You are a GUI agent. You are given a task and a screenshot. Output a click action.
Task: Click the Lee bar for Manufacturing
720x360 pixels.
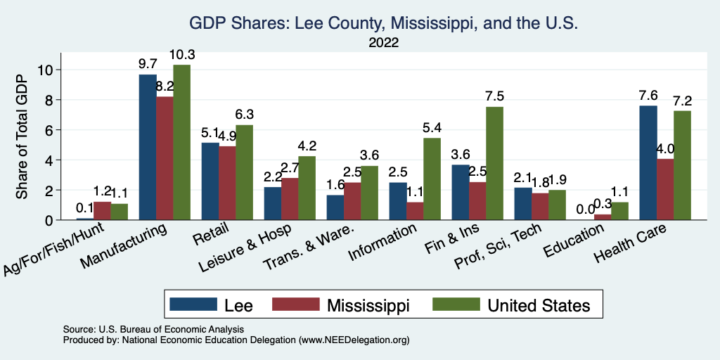[148, 147]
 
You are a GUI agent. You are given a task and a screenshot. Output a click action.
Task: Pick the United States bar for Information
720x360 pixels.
[432, 179]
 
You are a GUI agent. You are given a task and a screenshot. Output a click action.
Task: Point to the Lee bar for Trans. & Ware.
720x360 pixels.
[335, 207]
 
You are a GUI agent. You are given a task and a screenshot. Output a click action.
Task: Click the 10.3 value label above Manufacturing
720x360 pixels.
[181, 55]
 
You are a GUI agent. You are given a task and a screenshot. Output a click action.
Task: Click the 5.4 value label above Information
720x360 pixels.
[432, 128]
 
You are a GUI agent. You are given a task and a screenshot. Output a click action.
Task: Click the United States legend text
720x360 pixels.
[539, 304]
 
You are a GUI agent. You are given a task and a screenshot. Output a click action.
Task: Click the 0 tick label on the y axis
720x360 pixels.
[49, 220]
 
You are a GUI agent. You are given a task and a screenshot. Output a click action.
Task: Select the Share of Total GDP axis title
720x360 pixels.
[22, 137]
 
